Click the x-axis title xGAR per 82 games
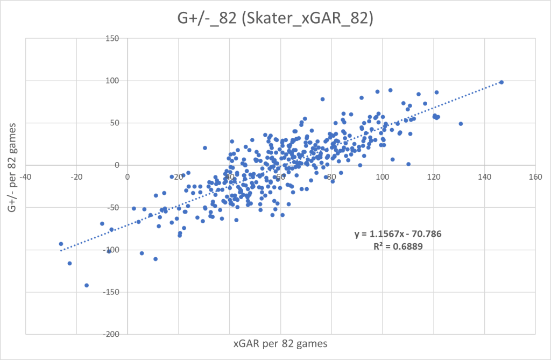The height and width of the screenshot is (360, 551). coord(280,343)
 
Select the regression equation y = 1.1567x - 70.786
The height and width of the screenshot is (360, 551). coord(398,235)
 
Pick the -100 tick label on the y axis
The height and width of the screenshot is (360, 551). coord(114,250)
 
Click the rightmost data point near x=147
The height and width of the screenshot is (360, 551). coord(501,82)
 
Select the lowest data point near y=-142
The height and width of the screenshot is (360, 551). coord(86,285)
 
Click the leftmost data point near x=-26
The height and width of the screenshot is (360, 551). coord(61,244)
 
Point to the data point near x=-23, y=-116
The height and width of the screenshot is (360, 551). coord(69,263)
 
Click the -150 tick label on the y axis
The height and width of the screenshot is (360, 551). coord(114,292)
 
